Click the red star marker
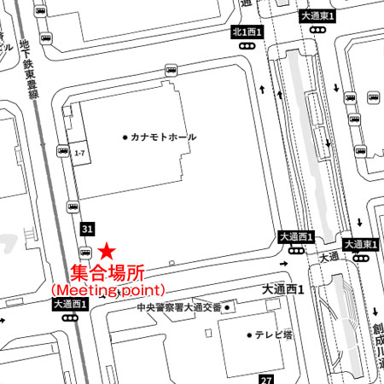(107, 251)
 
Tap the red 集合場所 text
(106, 274)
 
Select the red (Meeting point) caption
(108, 290)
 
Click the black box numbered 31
(87, 229)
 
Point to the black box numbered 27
(267, 379)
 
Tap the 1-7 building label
(80, 154)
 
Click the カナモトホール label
(163, 137)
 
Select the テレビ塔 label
(272, 335)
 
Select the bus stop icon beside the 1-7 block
(63, 151)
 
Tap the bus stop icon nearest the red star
(84, 252)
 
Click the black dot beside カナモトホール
(125, 137)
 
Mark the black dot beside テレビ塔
(248, 335)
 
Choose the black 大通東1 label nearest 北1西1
(318, 15)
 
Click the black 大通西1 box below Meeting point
(70, 304)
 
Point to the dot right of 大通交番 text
(228, 307)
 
